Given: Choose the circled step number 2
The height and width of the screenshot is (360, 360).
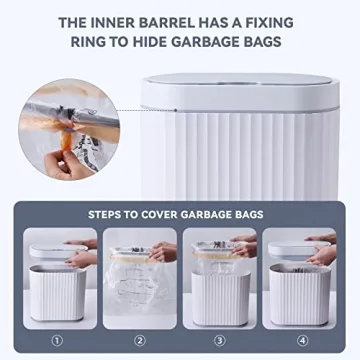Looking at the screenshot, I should [140, 338].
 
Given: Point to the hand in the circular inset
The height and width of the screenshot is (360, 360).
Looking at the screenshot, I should [70, 165].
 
